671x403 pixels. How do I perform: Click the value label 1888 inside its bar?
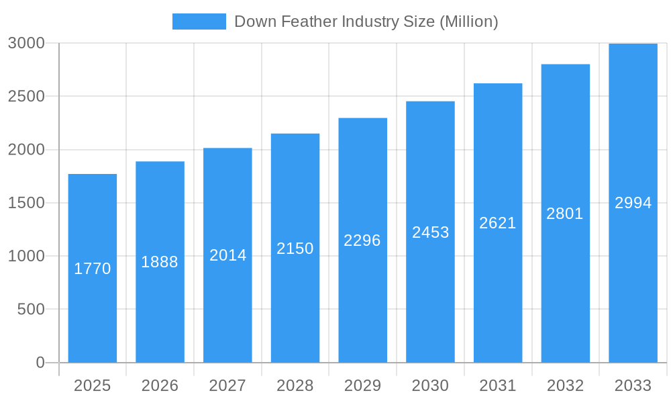(x=160, y=262)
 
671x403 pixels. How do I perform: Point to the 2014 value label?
(x=228, y=255)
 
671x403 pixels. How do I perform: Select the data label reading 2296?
(x=362, y=240)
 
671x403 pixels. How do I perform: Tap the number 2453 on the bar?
(x=430, y=232)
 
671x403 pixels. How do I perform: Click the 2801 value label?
(x=565, y=214)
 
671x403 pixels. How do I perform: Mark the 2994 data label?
(x=633, y=203)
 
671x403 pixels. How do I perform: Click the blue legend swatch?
(x=199, y=21)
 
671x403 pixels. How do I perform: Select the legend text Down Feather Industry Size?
(x=366, y=21)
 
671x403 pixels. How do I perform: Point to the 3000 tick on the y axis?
(x=26, y=43)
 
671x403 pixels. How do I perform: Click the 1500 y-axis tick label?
(x=26, y=203)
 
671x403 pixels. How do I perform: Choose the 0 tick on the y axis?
(x=40, y=363)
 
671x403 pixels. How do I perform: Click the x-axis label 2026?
(x=160, y=386)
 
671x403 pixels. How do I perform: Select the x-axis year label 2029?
(x=362, y=386)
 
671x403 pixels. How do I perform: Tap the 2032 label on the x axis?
(x=565, y=386)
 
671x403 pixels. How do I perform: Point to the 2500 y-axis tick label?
(x=26, y=96)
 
